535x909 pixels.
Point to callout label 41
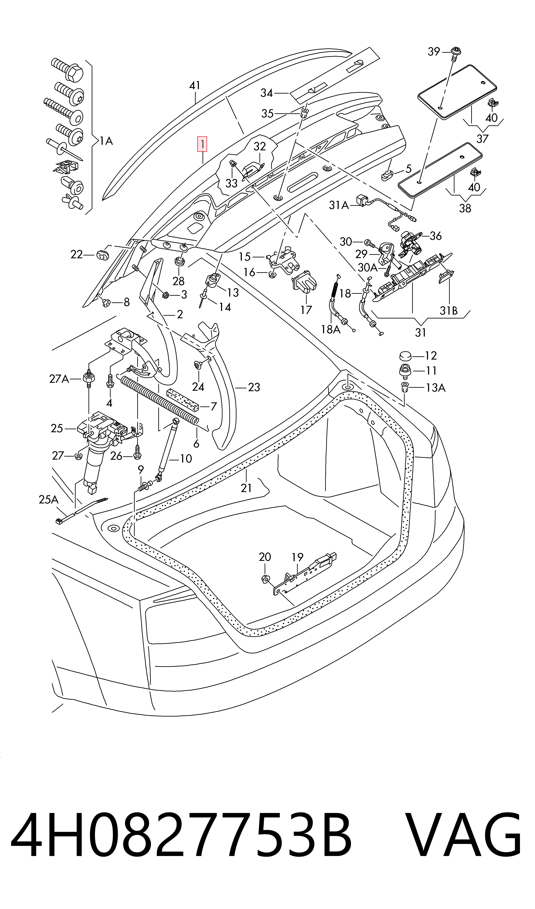pyautogui.click(x=195, y=86)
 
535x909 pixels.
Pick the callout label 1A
pyautogui.click(x=106, y=141)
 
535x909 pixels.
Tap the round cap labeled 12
pyautogui.click(x=405, y=356)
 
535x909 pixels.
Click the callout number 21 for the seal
pyautogui.click(x=246, y=488)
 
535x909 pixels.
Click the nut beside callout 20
pyautogui.click(x=265, y=579)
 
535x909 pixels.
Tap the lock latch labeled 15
pyautogui.click(x=283, y=258)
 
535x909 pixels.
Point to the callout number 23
pyautogui.click(x=254, y=387)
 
